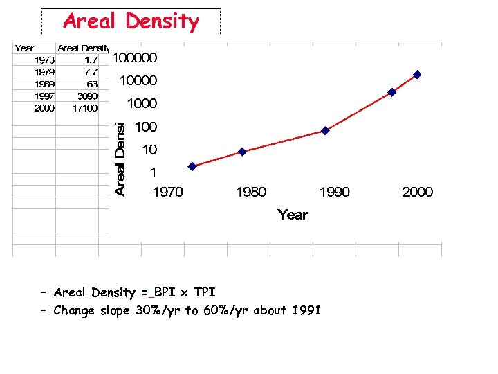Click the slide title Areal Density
pos(131,21)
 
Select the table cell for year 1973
pos(44,60)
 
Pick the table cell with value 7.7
pos(91,72)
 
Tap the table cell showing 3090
pos(86,96)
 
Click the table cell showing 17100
pos(85,107)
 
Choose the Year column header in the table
pos(24,48)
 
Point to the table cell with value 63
pos(91,84)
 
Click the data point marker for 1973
pos(192,166)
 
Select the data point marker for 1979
pos(242,152)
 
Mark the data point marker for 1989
pos(325,130)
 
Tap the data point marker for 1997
pos(391,91)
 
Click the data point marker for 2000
pos(417,74)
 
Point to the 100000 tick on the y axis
pos(135,57)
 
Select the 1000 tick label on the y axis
pos(141,104)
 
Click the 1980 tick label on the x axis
pos(250,192)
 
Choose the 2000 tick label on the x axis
pos(417,192)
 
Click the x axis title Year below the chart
pos(293,215)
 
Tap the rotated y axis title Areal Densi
pos(120,159)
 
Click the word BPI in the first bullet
pos(165,292)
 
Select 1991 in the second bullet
pos(306,310)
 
